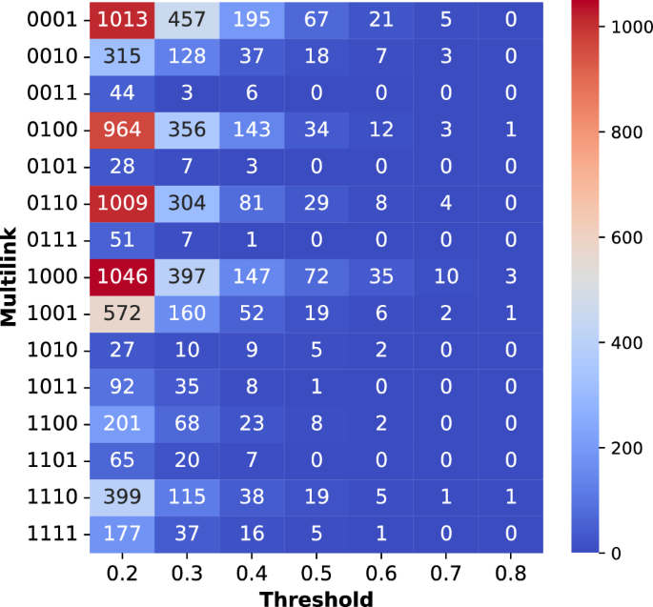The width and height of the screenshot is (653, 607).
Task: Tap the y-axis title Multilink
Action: click(11, 276)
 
